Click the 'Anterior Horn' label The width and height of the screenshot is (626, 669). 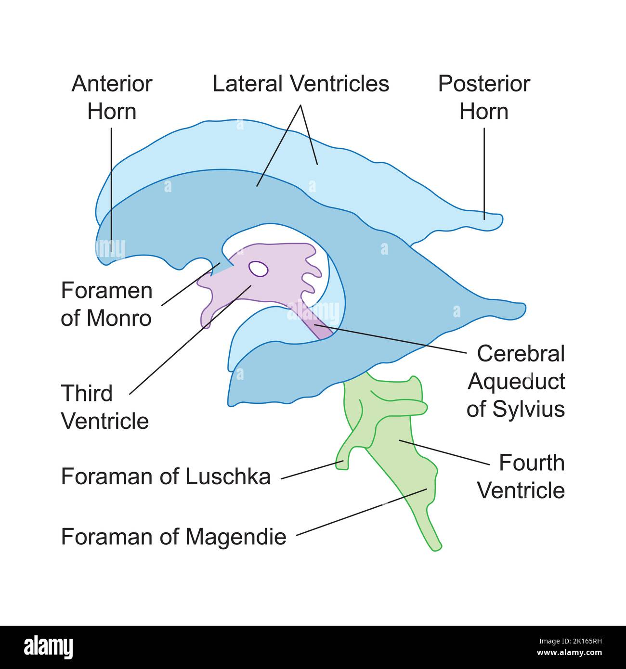coord(112,98)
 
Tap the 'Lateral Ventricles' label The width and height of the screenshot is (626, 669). coord(301,84)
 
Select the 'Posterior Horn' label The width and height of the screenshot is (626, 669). coord(483,98)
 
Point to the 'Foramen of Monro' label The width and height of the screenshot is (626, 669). coord(106,304)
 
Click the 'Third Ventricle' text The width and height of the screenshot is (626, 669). coord(104,407)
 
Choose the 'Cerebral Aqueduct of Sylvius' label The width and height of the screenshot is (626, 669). coord(516,381)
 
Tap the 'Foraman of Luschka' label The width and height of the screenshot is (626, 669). coord(166,476)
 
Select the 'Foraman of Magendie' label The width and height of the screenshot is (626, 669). coord(173,536)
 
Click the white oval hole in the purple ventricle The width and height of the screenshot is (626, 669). coord(259,269)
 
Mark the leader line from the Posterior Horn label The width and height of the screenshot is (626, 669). coord(484,173)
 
